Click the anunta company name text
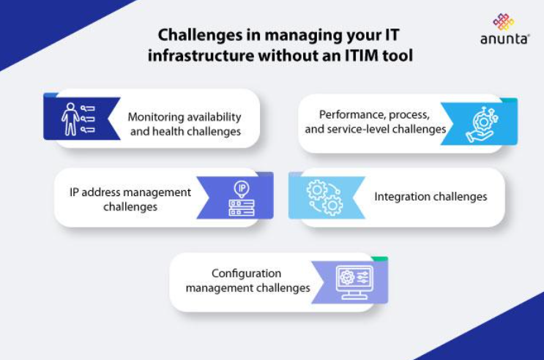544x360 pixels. pyautogui.click(x=504, y=39)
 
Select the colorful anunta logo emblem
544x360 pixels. pyautogui.click(x=504, y=22)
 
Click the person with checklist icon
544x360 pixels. pyautogui.click(x=78, y=119)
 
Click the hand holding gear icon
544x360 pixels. pyautogui.click(x=482, y=124)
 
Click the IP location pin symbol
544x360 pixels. pyautogui.click(x=242, y=189)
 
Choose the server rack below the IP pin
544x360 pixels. pyautogui.click(x=242, y=207)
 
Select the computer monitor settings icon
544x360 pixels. pyautogui.click(x=355, y=282)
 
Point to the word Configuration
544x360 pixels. pyautogui.click(x=246, y=274)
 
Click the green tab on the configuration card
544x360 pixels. pyautogui.click(x=379, y=259)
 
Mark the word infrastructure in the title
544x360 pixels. pyautogui.click(x=201, y=56)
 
